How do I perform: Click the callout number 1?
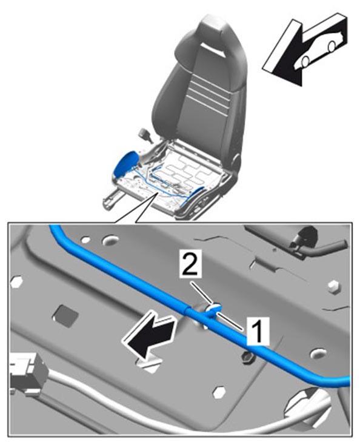pyautogui.click(x=258, y=331)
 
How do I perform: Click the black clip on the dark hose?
pyautogui.click(x=304, y=236)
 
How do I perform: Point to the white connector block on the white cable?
pyautogui.click(x=25, y=374)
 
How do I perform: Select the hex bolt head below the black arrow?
pyautogui.click(x=219, y=392)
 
